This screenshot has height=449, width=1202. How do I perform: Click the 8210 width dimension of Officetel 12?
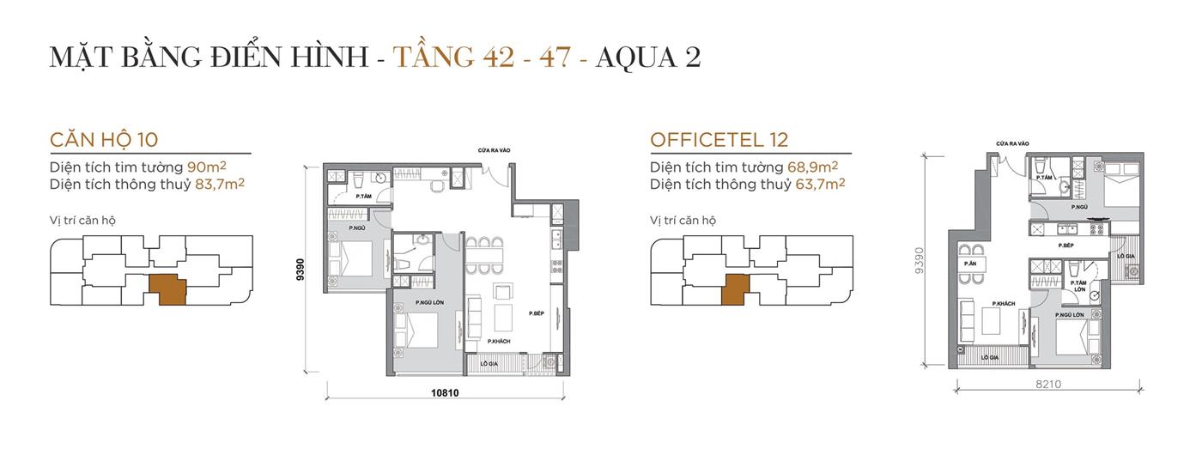pos(1047,384)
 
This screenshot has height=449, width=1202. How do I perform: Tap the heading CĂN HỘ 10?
pos(104,140)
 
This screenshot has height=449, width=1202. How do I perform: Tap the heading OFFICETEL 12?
pos(719,140)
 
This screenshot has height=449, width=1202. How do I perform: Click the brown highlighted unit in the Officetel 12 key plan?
pos(735,289)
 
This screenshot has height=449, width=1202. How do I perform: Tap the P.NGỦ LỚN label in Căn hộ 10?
pos(428,302)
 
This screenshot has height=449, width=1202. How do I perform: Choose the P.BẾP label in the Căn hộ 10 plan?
pos(537,313)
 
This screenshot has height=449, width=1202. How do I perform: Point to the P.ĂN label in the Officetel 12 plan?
pos(970,263)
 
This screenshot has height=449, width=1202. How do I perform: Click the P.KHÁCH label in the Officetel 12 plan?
pos(1005,304)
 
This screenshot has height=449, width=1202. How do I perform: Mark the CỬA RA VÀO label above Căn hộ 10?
pos(495,150)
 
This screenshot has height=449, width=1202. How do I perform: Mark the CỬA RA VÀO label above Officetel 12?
pos(1012,143)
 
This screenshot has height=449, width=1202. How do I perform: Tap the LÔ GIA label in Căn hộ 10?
pos(490,364)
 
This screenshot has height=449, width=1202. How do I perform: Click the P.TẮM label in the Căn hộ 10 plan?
pos(363,196)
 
